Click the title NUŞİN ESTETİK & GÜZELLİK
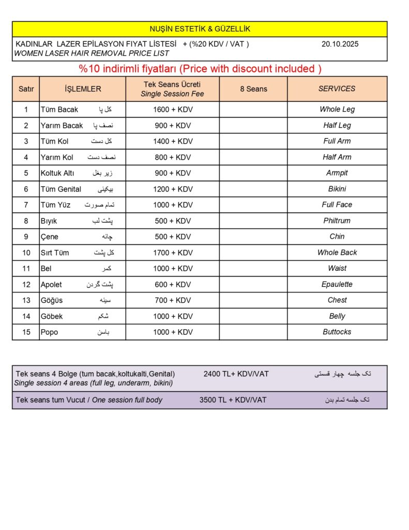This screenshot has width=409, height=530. (200, 29)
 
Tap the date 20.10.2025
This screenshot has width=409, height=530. (340, 44)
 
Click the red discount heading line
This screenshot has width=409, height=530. (200, 69)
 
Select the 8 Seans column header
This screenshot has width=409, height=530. (253, 89)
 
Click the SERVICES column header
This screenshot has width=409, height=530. (337, 89)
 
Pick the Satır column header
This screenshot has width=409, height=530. (26, 89)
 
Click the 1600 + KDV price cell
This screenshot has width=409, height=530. (173, 109)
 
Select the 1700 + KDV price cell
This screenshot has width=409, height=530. (173, 253)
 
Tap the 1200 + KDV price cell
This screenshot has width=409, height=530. (173, 189)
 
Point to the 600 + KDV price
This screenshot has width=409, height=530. (173, 284)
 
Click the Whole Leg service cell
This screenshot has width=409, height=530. (337, 109)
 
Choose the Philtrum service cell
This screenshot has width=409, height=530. (337, 220)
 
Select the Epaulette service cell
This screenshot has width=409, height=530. (337, 284)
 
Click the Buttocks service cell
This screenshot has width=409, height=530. (337, 332)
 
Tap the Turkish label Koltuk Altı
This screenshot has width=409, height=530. (57, 173)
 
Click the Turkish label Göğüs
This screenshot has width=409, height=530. (52, 300)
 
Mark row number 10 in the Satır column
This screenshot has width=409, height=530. (26, 253)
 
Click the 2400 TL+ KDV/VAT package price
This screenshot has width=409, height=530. (236, 374)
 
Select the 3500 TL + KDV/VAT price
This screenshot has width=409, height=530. (233, 400)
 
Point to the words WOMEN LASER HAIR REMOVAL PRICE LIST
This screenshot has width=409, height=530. (92, 53)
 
